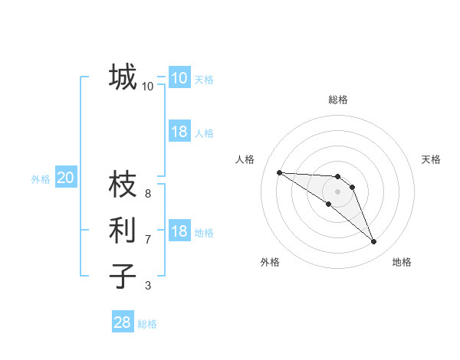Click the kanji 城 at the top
pyautogui.click(x=123, y=77)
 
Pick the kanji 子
pyautogui.click(x=123, y=275)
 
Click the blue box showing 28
pyautogui.click(x=123, y=322)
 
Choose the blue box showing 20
pyautogui.click(x=65, y=178)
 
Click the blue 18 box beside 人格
pyautogui.click(x=179, y=132)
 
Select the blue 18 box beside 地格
pyautogui.click(x=179, y=231)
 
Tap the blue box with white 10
pyautogui.click(x=179, y=78)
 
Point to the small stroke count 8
pyautogui.click(x=148, y=194)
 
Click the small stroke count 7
pyautogui.click(x=148, y=240)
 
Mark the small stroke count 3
pyautogui.click(x=148, y=286)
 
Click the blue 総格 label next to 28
pyautogui.click(x=147, y=324)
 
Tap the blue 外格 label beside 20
pyautogui.click(x=41, y=179)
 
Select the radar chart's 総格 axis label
pyautogui.click(x=338, y=100)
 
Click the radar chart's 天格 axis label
pyautogui.click(x=431, y=159)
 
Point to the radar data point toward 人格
pyautogui.click(x=279, y=172)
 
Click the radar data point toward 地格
pyautogui.click(x=374, y=242)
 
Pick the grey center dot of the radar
pyautogui.click(x=338, y=191)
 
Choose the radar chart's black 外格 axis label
pyautogui.click(x=270, y=262)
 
